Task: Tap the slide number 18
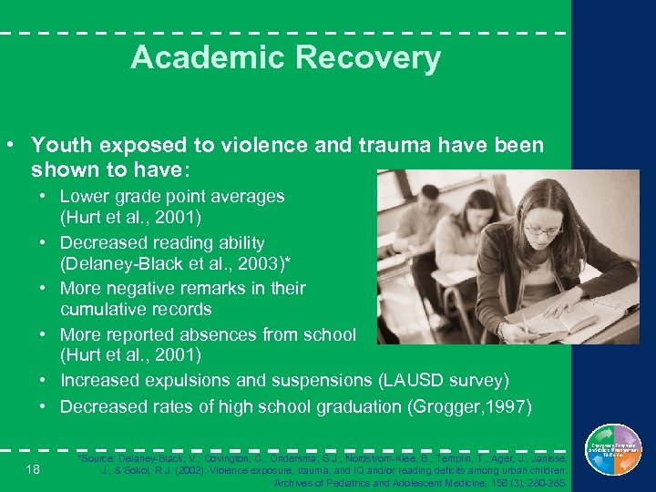[33, 468]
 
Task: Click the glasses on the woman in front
[543, 230]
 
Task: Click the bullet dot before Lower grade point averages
[43, 197]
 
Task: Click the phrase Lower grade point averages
[172, 196]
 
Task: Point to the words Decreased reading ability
[162, 243]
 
